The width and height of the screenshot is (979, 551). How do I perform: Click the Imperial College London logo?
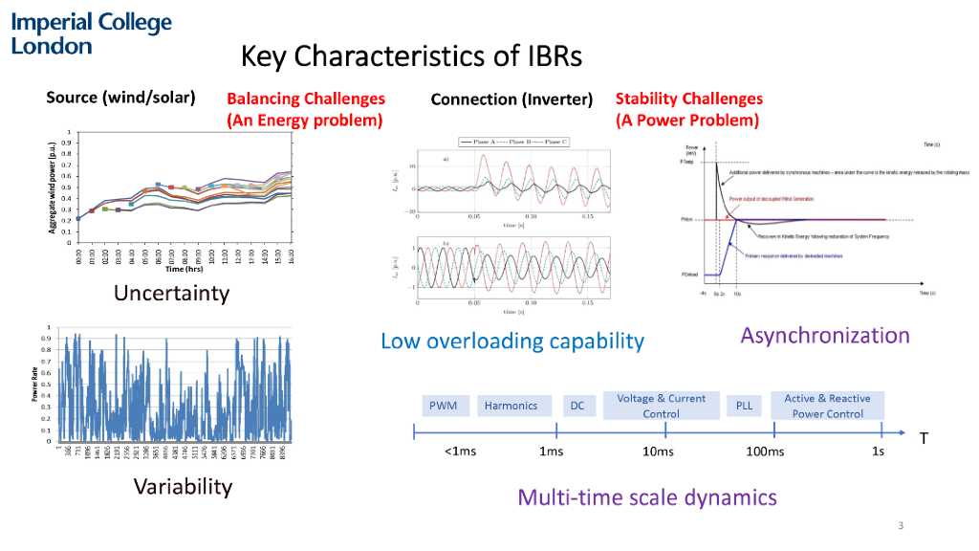pos(92,33)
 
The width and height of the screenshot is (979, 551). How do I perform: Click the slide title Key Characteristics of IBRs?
pos(411,56)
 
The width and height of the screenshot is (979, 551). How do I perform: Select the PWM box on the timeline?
pos(443,406)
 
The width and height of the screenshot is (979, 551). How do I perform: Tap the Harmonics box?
pos(511,406)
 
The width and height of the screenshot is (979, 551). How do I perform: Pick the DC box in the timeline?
pos(577,406)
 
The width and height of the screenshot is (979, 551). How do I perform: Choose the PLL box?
pos(745,406)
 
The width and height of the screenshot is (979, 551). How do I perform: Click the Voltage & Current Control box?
pos(662,406)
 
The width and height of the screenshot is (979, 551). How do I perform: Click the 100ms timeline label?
pos(765,452)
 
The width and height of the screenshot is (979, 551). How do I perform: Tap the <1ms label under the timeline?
pos(460,452)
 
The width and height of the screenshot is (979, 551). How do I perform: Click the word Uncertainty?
pos(172,293)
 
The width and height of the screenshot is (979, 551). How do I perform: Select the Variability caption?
pos(183,487)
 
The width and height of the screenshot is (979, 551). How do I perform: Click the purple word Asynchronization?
pos(825,335)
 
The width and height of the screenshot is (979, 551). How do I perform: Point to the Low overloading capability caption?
pos(512,341)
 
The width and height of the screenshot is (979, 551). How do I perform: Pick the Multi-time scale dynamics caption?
pos(647,497)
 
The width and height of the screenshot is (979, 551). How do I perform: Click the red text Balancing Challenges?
pos(306,99)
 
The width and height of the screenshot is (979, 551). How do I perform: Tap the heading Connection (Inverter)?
pos(511,99)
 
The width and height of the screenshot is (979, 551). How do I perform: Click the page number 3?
pos(901,525)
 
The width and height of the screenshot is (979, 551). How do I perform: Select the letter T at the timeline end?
pos(924,438)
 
